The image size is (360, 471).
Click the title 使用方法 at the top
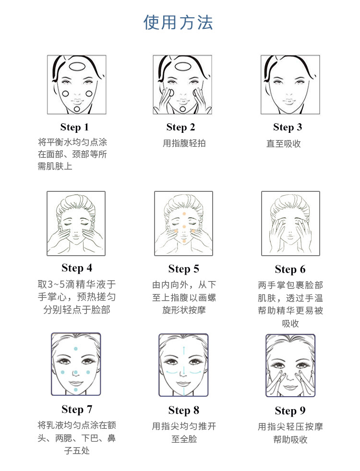178,23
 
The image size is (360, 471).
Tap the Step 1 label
74,127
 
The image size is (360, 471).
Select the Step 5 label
184,269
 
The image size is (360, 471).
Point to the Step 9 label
290,411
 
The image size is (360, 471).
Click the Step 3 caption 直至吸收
283,143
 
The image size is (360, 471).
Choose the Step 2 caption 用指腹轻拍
184,143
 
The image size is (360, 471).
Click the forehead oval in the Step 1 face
77,66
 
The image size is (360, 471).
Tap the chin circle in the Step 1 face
77,109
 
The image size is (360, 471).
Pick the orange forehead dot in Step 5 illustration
184,213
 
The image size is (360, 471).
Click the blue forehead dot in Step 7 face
76,349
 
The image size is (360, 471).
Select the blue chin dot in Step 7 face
76,389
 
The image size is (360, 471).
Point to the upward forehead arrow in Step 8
184,354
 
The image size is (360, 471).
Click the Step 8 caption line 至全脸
184,439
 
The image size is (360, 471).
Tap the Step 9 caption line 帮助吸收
290,440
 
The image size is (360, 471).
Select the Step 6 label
290,270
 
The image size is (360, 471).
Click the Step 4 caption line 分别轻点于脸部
77,310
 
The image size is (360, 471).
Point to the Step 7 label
77,410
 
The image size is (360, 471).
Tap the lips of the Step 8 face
183,384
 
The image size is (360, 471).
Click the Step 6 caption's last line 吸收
290,323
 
